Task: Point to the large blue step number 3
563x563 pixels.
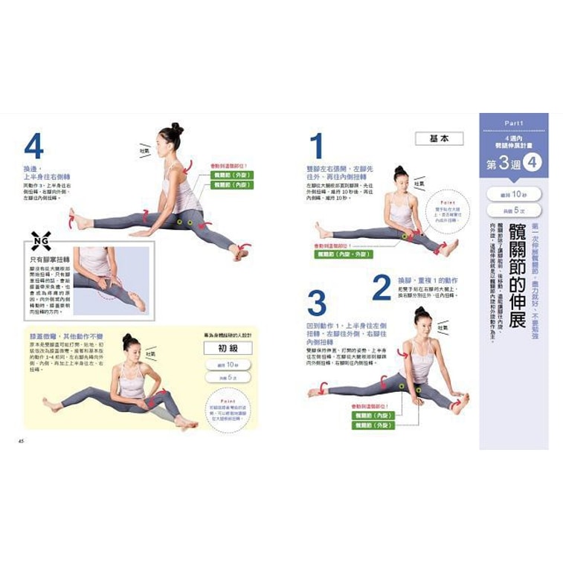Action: tap(317, 303)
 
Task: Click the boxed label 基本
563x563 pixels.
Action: tap(439, 138)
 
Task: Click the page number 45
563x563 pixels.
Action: tap(22, 441)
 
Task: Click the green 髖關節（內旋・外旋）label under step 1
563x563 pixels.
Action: tap(344, 254)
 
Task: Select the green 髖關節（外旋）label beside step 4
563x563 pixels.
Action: tap(232, 175)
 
